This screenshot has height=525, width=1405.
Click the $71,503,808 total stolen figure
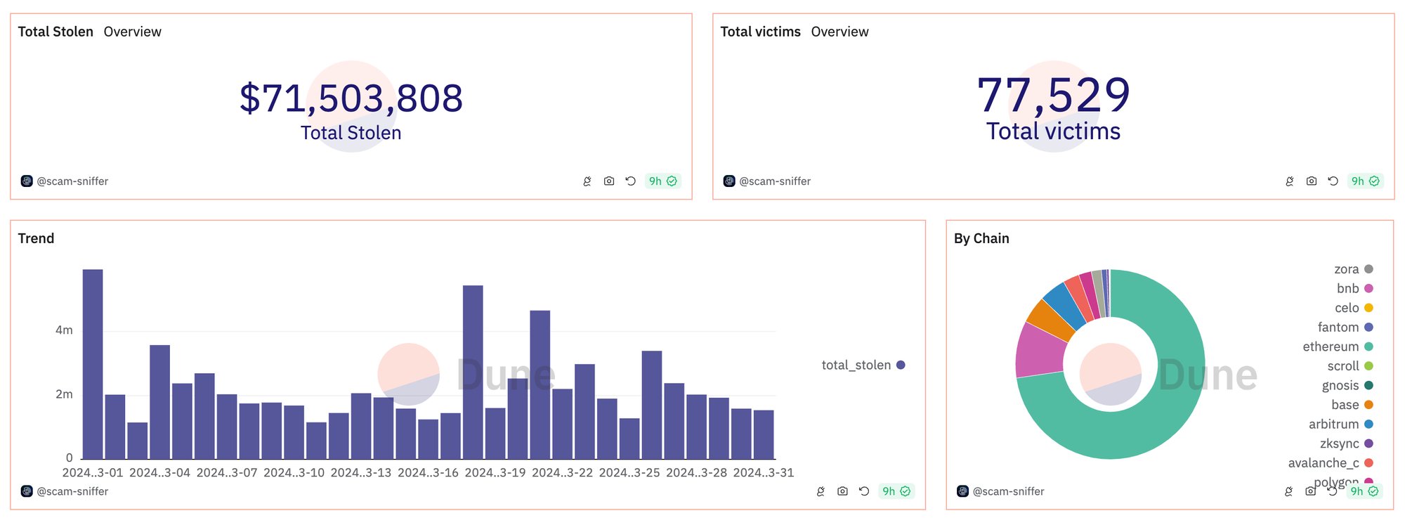351,98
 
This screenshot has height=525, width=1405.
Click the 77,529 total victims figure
1054,95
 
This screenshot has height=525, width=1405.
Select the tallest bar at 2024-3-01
93,364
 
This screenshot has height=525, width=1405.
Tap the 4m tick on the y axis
64,330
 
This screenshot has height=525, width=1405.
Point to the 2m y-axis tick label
64,394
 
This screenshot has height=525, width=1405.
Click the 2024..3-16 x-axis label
428,472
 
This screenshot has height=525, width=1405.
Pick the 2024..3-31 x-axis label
764,472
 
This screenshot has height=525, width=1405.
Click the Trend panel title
36,238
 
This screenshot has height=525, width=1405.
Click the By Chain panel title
981,238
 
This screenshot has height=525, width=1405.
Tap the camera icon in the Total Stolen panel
609,181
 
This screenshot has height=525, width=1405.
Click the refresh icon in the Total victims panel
1333,181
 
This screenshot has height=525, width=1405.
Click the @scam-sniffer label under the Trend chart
72,491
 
